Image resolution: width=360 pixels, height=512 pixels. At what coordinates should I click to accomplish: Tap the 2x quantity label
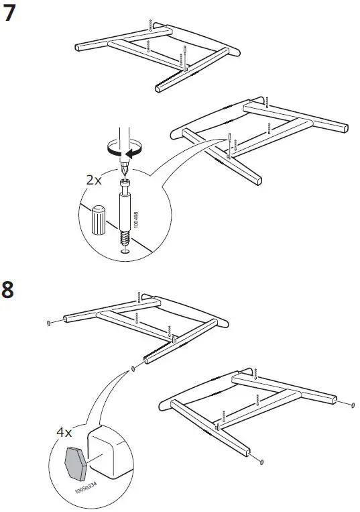coord(95,181)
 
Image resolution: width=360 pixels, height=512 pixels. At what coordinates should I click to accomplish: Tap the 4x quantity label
coord(64,433)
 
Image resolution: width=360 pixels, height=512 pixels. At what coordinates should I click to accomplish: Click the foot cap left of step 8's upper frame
coord(50,321)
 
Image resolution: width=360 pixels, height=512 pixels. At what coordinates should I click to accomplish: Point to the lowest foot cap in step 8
coord(261,461)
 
